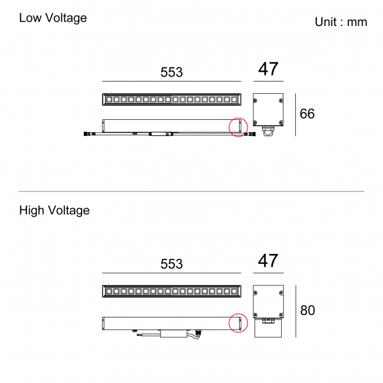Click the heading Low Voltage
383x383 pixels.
(x=53, y=18)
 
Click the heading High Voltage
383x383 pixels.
(x=54, y=211)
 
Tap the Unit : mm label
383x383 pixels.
(x=341, y=22)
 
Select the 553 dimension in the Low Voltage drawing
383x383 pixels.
(x=172, y=72)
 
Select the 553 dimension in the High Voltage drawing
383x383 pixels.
(x=172, y=264)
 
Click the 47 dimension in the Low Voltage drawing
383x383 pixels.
(x=268, y=69)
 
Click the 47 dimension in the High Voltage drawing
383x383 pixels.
(x=268, y=261)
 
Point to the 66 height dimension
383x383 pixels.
(x=307, y=114)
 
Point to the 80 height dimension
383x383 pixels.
(x=308, y=311)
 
